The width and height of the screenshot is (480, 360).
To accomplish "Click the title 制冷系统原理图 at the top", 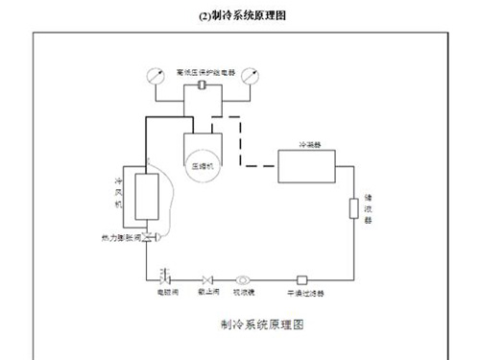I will [x=241, y=15].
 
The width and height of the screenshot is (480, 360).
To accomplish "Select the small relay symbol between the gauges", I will [x=203, y=87].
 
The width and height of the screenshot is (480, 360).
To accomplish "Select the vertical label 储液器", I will [x=368, y=208].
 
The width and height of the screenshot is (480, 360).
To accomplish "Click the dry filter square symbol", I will [x=301, y=279].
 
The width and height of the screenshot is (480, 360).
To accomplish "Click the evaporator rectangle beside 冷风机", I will [x=147, y=196].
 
